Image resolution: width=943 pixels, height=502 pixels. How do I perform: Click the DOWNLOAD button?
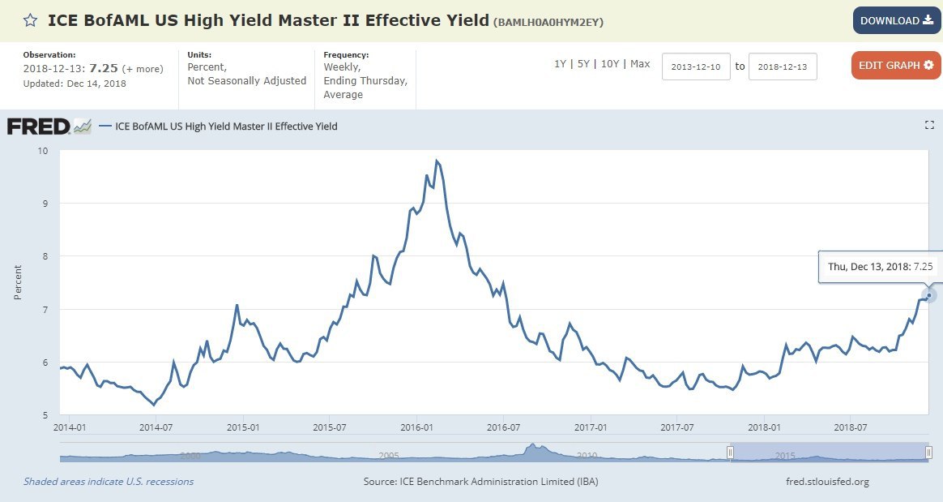pos(896,20)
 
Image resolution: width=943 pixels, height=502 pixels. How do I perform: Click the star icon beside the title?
pos(30,21)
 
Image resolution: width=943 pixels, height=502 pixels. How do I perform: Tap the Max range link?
pos(640,64)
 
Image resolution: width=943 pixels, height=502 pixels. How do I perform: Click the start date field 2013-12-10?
pos(696,67)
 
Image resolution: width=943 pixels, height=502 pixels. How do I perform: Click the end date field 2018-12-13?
pos(783,67)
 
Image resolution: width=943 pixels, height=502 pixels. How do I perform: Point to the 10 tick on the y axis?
pos(42,151)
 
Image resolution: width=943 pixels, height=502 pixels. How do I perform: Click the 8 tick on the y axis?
pos(45,256)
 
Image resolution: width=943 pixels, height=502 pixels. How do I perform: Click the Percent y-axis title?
pos(18,281)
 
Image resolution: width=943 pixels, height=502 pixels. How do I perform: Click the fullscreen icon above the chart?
pos(929,125)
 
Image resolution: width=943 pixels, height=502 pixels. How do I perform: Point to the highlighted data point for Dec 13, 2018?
pos(928,295)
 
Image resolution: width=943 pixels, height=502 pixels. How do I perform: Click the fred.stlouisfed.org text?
pos(827,482)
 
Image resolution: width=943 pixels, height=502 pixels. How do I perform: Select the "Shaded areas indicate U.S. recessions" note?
pos(109,482)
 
